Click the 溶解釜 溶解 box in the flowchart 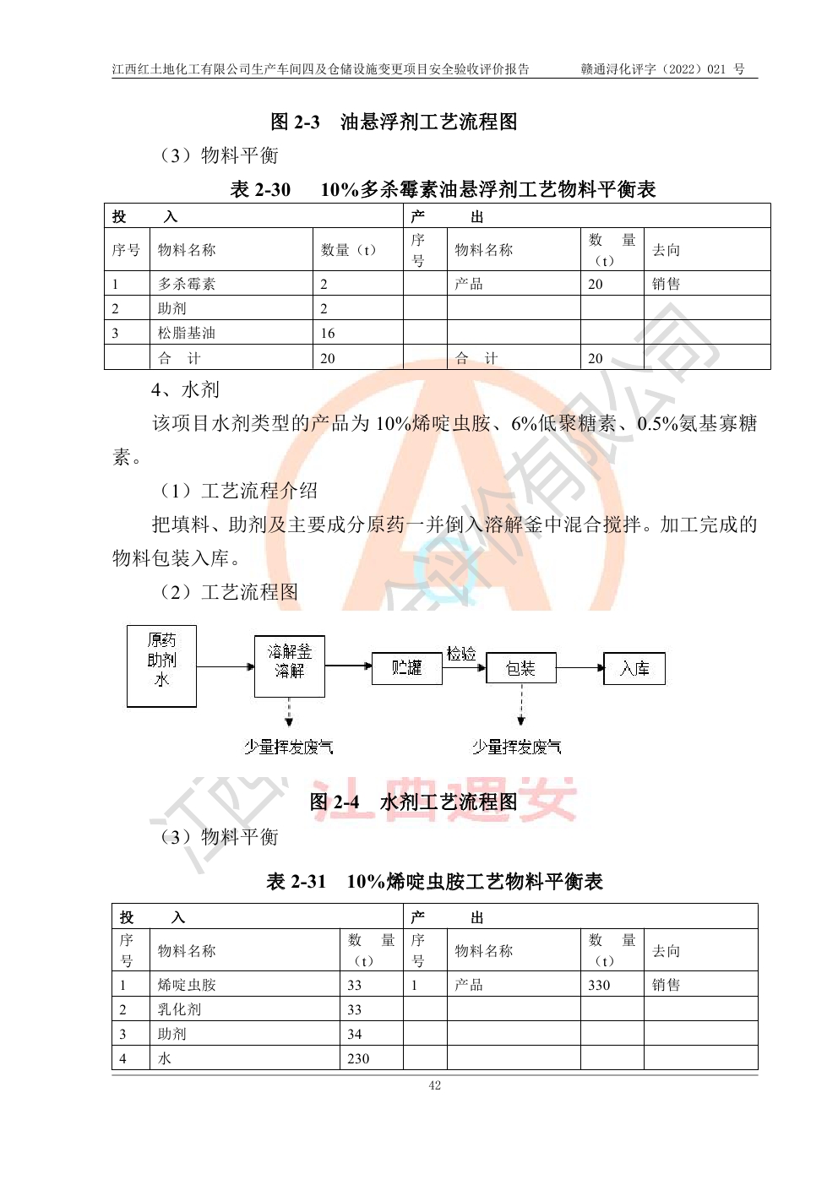point(289,666)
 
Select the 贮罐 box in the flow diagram point(406,668)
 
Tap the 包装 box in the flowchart point(520,669)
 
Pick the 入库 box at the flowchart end point(634,669)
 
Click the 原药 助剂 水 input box point(161,666)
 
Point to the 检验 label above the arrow point(461,653)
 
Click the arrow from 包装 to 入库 point(580,669)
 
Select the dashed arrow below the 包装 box point(521,705)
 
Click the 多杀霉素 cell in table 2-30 point(187,284)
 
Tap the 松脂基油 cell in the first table point(187,333)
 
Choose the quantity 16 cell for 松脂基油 point(328,333)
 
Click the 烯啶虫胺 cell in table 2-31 point(187,985)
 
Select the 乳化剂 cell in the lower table point(179,1009)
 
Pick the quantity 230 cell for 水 point(358,1058)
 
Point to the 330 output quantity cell point(599,985)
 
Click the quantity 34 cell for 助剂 point(355,1034)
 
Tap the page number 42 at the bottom point(434,1085)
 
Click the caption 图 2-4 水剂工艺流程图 point(413,802)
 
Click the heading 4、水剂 point(185,389)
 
